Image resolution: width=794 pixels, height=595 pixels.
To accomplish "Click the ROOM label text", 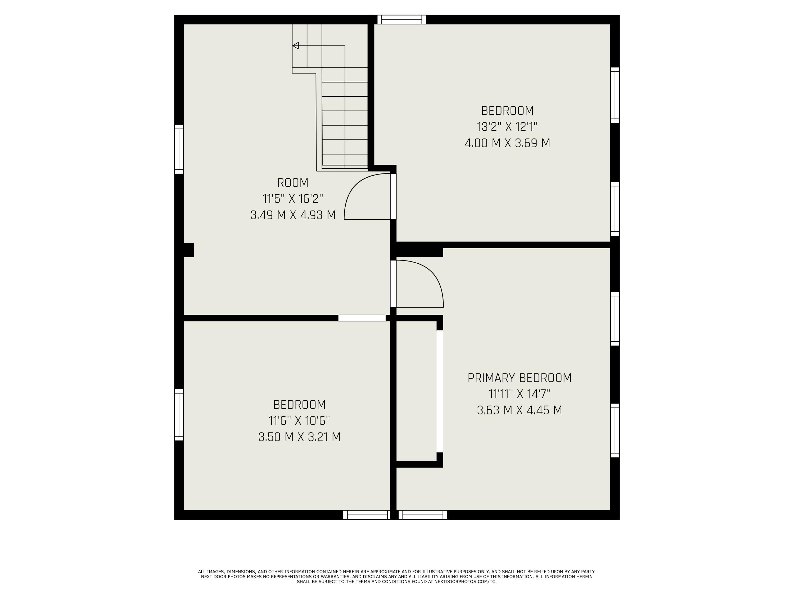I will click(292, 183).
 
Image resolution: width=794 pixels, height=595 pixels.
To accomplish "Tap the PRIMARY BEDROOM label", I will click(519, 378).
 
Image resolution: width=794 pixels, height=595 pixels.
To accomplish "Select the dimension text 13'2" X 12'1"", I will click(507, 127).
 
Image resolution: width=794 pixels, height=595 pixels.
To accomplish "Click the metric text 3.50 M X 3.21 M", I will click(299, 437).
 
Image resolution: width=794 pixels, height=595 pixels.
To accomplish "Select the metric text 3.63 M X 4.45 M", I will click(519, 410).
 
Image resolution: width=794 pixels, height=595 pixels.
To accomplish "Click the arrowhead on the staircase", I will click(295, 45).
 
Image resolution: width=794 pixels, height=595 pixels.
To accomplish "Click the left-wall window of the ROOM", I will click(179, 149).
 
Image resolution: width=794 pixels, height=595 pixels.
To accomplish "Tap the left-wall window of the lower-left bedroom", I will click(179, 415).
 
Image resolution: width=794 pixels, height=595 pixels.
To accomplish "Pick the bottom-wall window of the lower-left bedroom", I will click(366, 515).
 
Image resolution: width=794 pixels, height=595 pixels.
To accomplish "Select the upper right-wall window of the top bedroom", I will click(615, 95).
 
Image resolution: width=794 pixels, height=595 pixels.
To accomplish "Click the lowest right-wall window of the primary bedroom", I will click(615, 430).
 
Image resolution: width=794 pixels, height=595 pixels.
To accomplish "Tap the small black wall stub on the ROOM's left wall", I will click(188, 250).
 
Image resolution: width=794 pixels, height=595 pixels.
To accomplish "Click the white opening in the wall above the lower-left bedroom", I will click(362, 318).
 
